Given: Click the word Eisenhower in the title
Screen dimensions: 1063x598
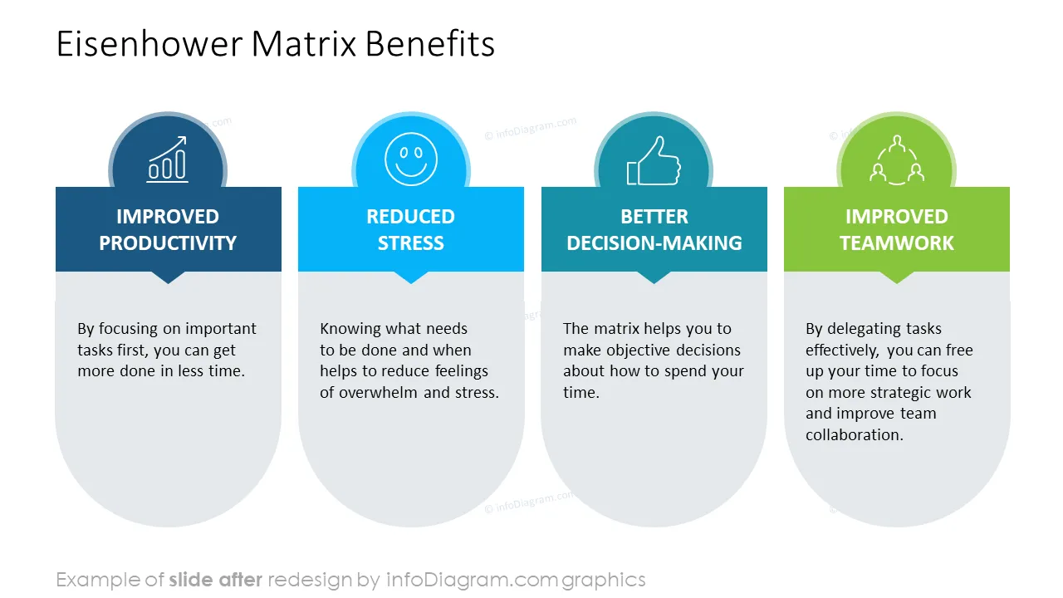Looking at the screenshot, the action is [149, 44].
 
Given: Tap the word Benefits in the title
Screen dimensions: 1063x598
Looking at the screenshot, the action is [430, 44].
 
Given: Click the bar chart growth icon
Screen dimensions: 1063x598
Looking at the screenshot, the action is [168, 159].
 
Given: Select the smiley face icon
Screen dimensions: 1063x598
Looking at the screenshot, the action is [411, 159].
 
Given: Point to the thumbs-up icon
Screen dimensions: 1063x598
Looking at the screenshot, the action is [654, 160].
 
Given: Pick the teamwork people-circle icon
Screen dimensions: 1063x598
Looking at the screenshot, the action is [897, 159].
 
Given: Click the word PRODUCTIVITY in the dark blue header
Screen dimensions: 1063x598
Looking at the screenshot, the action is [168, 243].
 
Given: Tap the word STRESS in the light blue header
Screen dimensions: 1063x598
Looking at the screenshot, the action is [411, 243].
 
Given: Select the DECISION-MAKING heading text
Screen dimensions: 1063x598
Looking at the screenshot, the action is [654, 243].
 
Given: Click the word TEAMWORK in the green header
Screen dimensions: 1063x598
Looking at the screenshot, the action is [897, 243].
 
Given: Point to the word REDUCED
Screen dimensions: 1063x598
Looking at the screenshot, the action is [411, 217].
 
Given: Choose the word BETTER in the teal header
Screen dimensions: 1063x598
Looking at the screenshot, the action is [654, 217].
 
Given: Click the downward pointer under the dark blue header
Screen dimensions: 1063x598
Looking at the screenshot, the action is [168, 277].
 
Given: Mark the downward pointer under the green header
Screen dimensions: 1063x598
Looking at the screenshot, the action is [897, 277].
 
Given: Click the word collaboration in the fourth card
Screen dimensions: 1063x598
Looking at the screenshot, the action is [855, 434].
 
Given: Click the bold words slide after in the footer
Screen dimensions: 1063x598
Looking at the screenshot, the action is [215, 580].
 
